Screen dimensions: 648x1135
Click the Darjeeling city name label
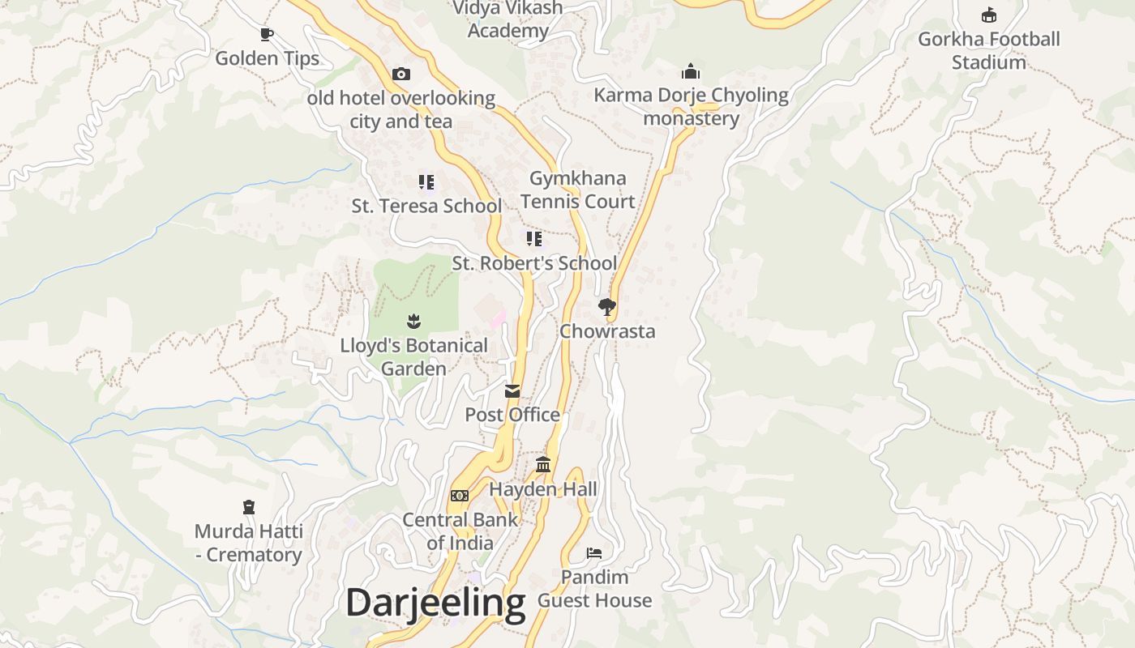435,603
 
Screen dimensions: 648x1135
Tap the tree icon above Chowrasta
606,306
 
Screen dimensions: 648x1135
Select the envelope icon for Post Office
512,391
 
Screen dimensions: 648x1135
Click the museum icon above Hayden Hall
543,465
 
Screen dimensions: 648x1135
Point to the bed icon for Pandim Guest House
594,553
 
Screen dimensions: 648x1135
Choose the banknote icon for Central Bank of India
460,496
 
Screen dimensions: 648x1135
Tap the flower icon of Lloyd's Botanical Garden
413,321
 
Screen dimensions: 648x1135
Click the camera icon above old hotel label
400,75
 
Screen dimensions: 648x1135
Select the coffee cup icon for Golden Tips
267,34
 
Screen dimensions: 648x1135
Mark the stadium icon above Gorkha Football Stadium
988,15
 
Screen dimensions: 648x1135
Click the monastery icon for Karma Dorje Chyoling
691,71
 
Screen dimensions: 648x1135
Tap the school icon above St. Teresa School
426,181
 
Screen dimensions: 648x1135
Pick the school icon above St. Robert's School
533,238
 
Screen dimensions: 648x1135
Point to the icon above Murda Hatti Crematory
249,507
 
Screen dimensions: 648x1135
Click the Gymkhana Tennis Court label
578,190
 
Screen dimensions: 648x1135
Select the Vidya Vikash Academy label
508,19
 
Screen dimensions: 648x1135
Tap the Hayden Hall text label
543,489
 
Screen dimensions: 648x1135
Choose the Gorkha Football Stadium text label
989,50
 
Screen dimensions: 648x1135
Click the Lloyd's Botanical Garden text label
413,356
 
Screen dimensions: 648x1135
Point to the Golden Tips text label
267,58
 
